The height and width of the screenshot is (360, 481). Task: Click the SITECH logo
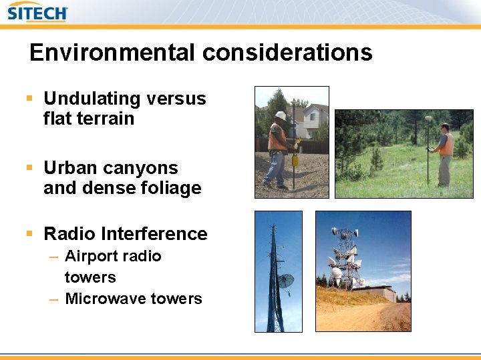(x=37, y=13)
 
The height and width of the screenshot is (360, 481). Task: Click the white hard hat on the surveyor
(x=281, y=115)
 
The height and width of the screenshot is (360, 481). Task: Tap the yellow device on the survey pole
(x=294, y=161)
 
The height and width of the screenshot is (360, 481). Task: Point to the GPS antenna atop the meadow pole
(x=428, y=119)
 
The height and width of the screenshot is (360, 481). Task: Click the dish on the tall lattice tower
(x=285, y=281)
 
